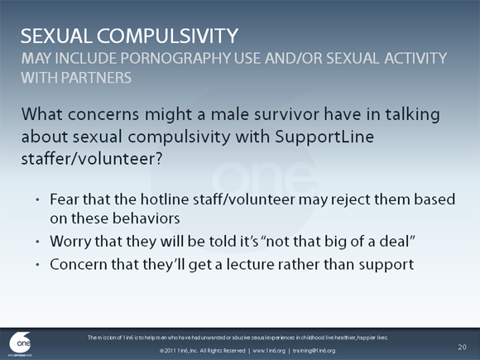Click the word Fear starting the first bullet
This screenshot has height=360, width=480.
65,200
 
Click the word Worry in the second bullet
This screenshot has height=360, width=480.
71,242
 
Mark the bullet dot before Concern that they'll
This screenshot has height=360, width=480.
37,266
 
